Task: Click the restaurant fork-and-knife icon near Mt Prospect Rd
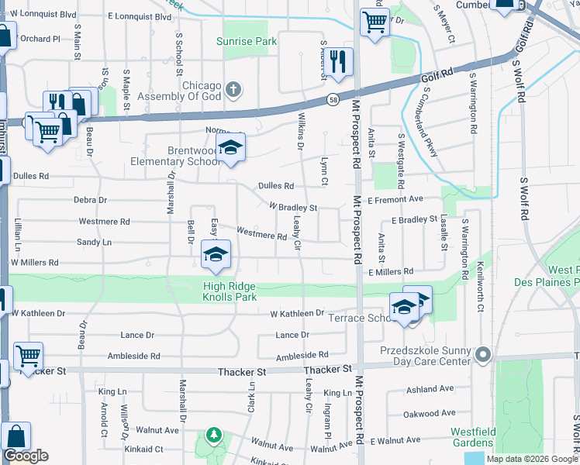point(337,61)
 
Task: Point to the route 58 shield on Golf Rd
point(332,100)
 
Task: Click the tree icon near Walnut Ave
point(213,436)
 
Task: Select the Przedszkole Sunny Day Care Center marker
point(482,356)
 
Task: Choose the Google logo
point(26,456)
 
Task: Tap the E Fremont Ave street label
point(395,199)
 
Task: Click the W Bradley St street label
point(293,208)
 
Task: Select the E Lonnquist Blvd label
point(140,15)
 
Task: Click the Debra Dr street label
point(90,200)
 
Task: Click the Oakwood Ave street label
point(432,413)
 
